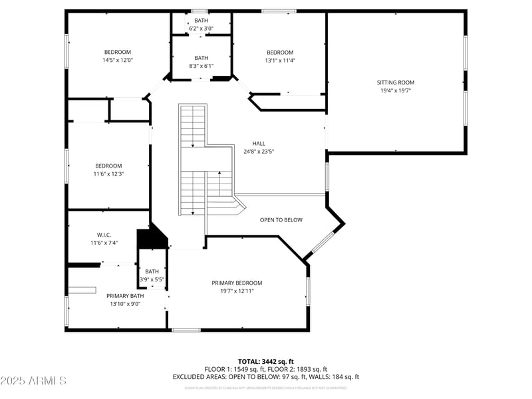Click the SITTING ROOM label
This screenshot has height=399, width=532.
point(396,82)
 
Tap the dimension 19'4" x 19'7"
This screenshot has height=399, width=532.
point(396,90)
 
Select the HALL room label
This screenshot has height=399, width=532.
point(259,143)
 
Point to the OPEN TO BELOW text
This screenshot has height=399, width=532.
point(281,220)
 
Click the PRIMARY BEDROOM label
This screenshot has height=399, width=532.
point(237,283)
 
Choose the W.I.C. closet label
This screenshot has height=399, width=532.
point(104,235)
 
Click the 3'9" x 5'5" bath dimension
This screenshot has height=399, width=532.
point(152,279)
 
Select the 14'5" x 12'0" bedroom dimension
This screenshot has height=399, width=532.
point(117,60)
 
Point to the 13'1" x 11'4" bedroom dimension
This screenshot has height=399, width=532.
point(280,61)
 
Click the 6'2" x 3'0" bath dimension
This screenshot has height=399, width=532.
point(201,29)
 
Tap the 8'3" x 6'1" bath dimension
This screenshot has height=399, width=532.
point(201,66)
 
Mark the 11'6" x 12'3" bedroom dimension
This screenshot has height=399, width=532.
point(108,174)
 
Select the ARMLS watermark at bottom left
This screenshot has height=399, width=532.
point(33,381)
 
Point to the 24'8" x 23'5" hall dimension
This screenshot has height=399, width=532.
point(259,151)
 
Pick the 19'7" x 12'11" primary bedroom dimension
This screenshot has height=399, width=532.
point(237,291)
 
